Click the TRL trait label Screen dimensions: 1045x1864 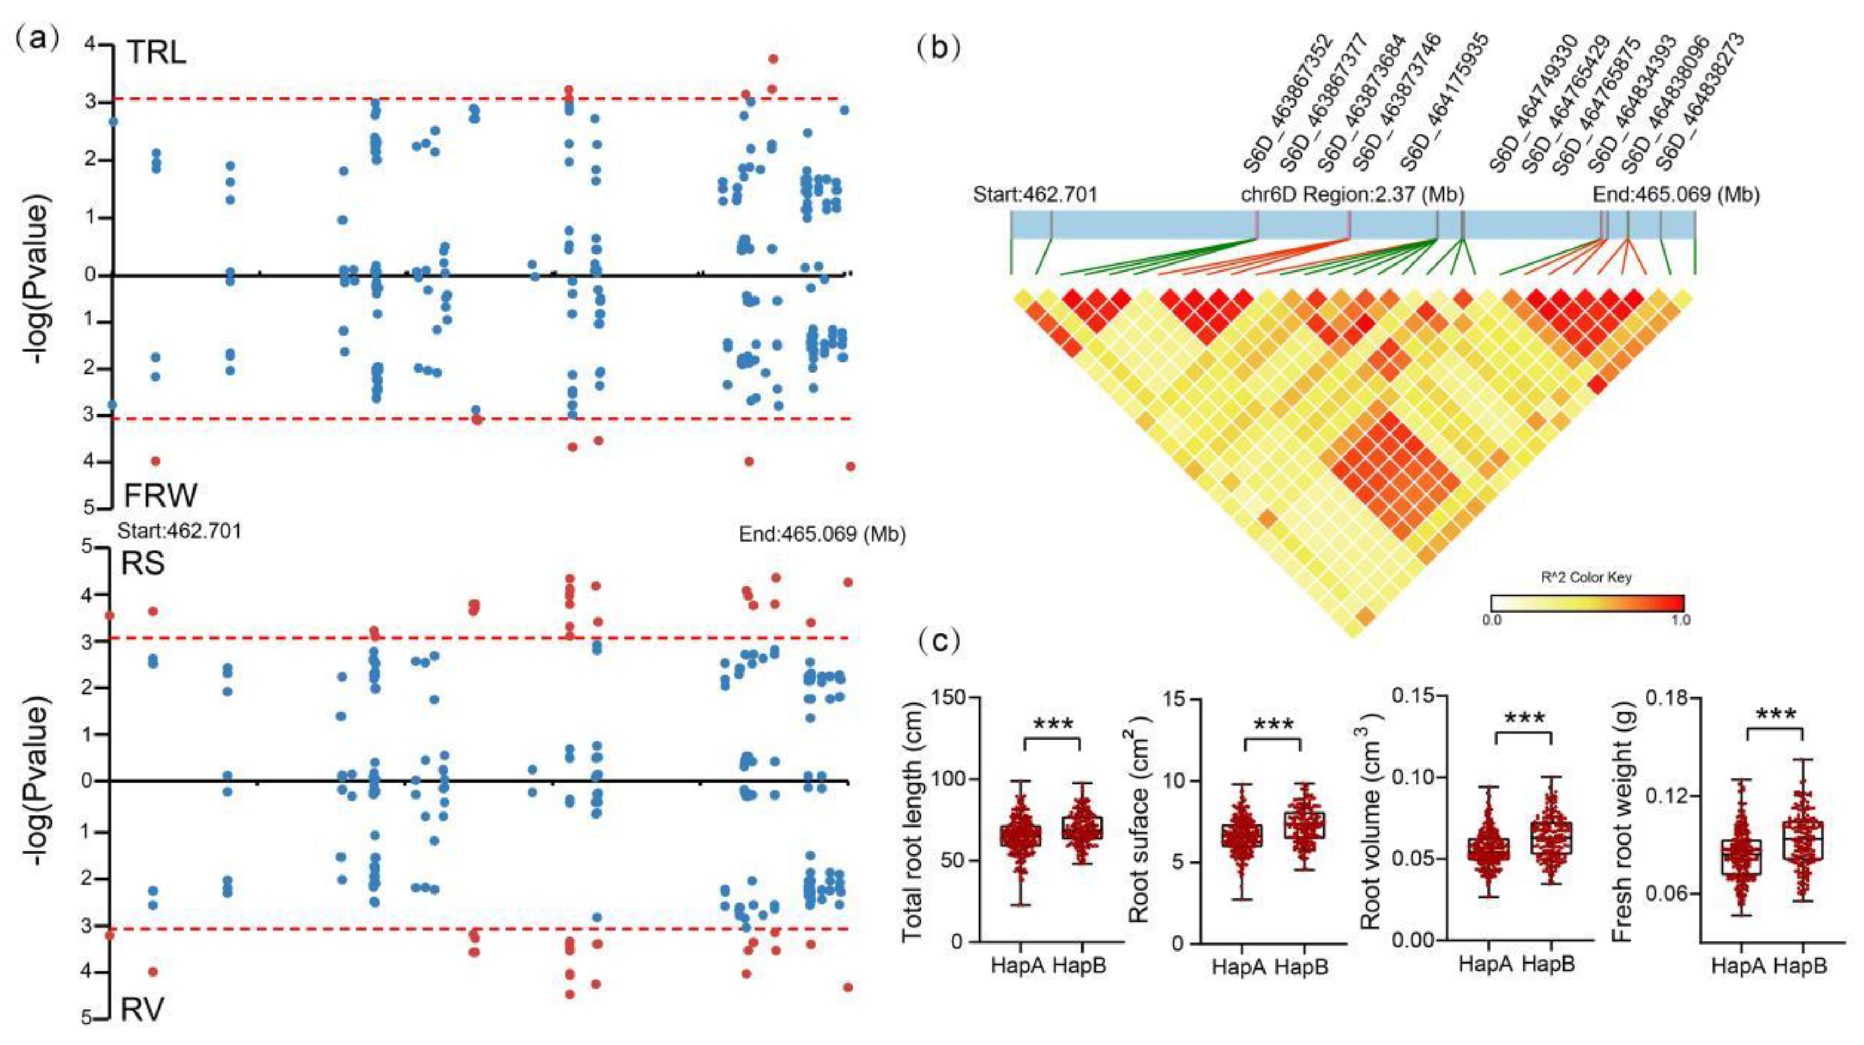(157, 53)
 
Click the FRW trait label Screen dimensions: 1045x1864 (160, 495)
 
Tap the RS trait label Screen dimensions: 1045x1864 (142, 563)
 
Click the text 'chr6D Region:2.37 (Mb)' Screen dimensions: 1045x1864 (1353, 194)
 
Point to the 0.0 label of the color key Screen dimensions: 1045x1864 (1492, 620)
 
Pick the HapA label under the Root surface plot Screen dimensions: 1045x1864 (1239, 967)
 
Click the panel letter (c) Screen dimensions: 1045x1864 (939, 640)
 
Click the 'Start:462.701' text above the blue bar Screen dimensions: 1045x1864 (1035, 194)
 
